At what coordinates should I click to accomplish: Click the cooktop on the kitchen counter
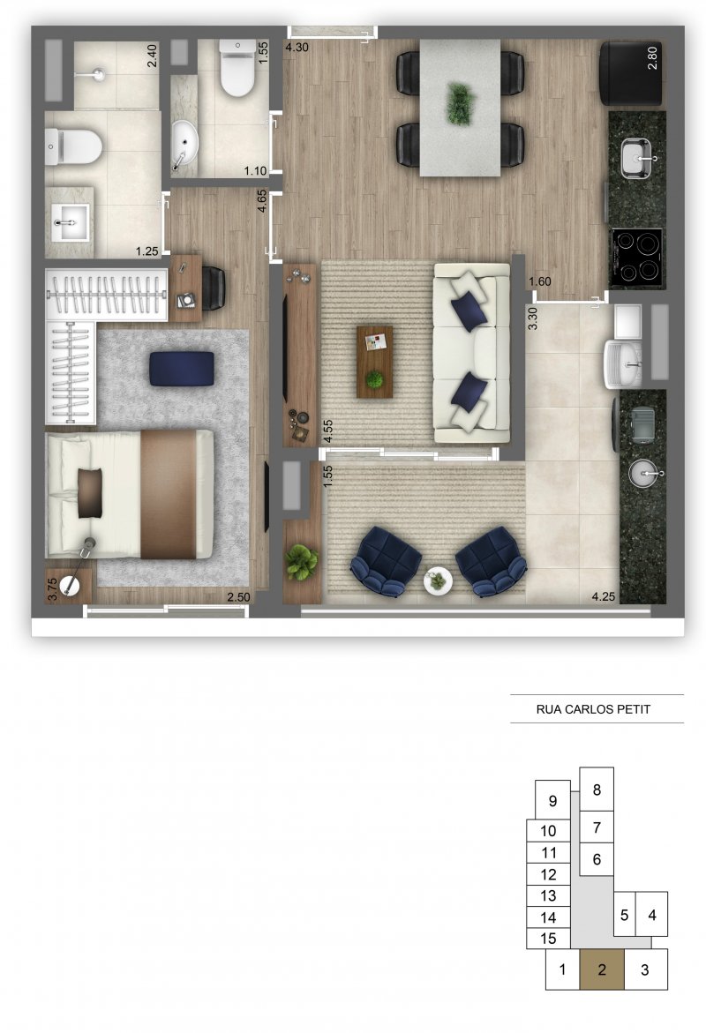point(636,258)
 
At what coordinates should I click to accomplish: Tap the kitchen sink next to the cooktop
point(637,159)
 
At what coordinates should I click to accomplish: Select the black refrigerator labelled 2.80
point(632,73)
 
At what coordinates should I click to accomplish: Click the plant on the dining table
point(460,103)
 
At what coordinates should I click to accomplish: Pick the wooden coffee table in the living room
point(374,362)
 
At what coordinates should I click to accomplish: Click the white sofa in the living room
point(471,353)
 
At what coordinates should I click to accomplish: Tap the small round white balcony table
point(438,581)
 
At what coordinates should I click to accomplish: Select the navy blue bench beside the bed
point(181,368)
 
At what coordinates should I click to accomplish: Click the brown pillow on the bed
point(90,493)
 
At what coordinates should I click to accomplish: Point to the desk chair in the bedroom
point(214,288)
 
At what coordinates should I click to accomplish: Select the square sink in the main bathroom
point(70,222)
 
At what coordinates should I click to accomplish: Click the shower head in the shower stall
point(99,74)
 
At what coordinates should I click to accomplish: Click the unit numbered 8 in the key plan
point(597,790)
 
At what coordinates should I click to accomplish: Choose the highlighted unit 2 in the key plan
point(602,969)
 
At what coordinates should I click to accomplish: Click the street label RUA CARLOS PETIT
point(593,709)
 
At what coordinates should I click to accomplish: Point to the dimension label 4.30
point(297,48)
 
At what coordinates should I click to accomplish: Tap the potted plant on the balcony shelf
point(302,562)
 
